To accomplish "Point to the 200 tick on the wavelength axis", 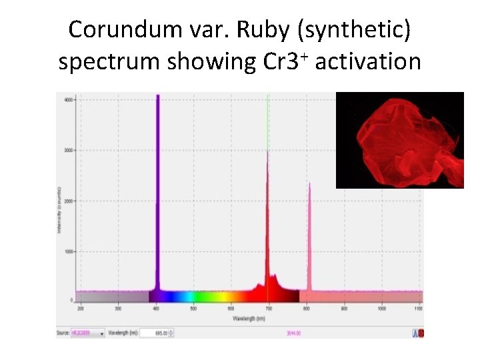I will coord(81,309).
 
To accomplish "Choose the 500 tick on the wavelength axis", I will coord(193,309).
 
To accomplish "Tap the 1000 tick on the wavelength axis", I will coord(381,309).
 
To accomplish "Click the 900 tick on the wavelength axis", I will coord(344,309).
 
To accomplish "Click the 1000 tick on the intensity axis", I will coord(69,251).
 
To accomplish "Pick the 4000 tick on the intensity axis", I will coord(69,100).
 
